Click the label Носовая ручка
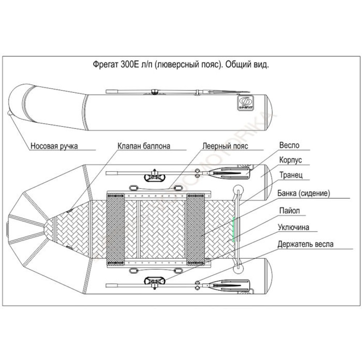(x=54, y=146)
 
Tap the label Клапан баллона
(x=144, y=146)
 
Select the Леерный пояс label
(x=225, y=146)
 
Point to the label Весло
(x=289, y=146)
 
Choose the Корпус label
(x=290, y=160)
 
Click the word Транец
(x=291, y=175)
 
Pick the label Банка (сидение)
(x=304, y=194)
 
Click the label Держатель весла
(x=306, y=244)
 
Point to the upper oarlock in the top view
(x=155, y=176)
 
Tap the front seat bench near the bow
(x=116, y=229)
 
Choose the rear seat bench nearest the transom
(x=195, y=229)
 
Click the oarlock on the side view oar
(x=155, y=91)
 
